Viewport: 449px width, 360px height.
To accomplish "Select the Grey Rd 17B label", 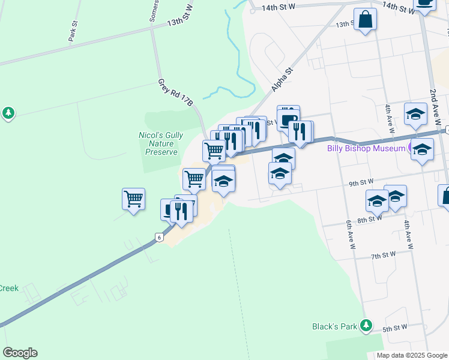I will point(175,93).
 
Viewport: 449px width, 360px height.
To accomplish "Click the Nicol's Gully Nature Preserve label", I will point(162,143).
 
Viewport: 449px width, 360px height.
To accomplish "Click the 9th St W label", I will point(361,181).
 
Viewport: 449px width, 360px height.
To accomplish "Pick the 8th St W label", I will point(370,220).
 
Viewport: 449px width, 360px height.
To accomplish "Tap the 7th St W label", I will point(383,255).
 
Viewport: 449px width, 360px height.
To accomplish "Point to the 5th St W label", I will point(395,328).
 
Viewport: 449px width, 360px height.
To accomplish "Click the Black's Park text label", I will point(335,327).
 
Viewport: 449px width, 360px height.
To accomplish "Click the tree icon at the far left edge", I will point(8,113).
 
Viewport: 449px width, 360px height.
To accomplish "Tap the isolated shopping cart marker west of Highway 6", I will point(133,199).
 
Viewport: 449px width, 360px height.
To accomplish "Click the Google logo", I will point(20,353).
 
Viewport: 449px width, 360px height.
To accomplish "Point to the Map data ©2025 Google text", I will point(412,355).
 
